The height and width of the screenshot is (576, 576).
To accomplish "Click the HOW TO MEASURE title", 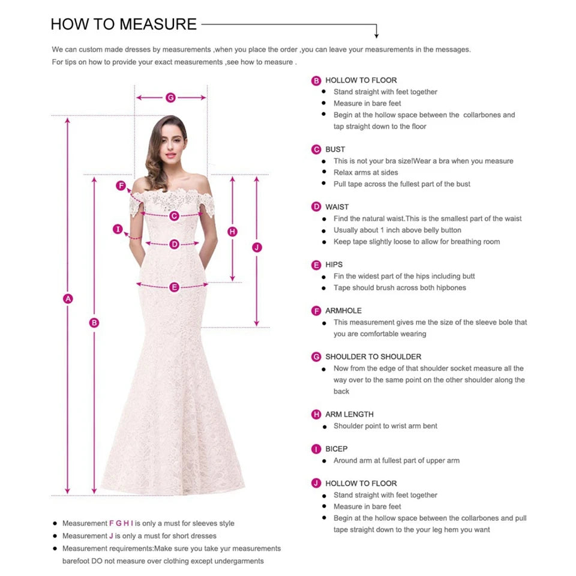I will (124, 24).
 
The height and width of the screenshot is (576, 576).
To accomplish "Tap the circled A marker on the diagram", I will (68, 298).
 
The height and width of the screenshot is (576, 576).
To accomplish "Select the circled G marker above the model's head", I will (170, 97).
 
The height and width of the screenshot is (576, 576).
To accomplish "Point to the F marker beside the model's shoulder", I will (121, 185).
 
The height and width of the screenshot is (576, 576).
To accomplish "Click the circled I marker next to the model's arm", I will (118, 229).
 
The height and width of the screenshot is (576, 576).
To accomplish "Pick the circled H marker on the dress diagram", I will (233, 231).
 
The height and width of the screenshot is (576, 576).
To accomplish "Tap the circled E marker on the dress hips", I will (174, 287).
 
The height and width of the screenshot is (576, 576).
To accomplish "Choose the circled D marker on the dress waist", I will (174, 244).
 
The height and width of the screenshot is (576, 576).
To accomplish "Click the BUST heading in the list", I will (335, 149).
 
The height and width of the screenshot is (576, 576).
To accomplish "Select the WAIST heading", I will (337, 207).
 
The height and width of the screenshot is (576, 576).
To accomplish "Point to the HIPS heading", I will (334, 265).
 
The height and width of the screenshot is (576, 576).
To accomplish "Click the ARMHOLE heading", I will (343, 311).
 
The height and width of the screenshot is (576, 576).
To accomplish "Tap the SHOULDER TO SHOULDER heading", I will (373, 357).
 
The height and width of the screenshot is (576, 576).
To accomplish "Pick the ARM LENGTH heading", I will (349, 415).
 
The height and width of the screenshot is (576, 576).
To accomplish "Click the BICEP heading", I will (336, 449).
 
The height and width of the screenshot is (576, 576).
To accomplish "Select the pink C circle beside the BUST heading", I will (316, 149).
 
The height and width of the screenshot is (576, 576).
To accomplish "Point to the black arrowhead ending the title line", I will (376, 35).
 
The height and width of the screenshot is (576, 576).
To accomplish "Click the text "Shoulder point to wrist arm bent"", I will (385, 426).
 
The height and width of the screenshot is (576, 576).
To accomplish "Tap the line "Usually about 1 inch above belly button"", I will (397, 230).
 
